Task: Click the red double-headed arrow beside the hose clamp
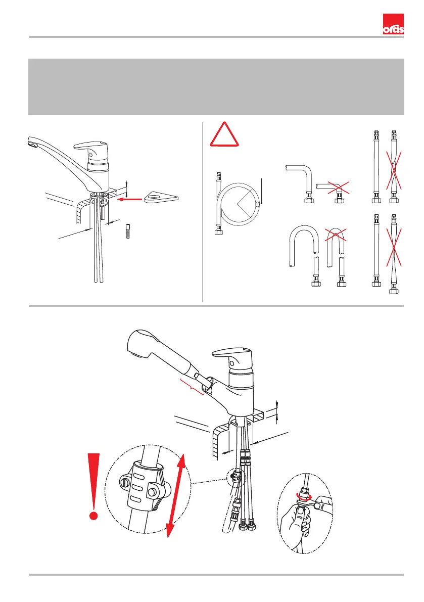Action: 176,495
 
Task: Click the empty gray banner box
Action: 216,86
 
